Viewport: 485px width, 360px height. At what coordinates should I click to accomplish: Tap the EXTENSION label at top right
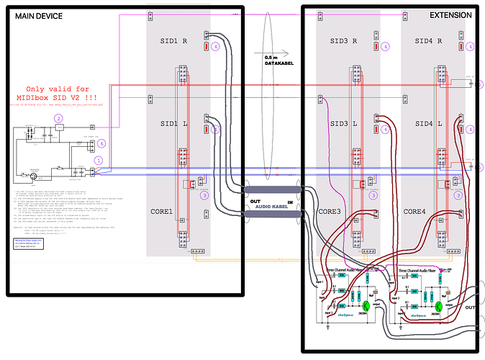pos(450,15)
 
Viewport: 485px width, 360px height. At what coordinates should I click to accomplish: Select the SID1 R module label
pos(173,42)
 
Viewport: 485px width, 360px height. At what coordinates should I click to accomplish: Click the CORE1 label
pos(161,212)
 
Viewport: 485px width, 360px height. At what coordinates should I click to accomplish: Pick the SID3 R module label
pos(344,42)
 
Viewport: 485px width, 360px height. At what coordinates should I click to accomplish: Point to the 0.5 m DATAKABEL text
pos(275,60)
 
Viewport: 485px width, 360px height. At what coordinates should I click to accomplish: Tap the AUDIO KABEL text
pos(270,206)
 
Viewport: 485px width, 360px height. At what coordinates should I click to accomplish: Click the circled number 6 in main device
pos(102,143)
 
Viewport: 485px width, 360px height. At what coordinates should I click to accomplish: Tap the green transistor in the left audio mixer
pos(366,305)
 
